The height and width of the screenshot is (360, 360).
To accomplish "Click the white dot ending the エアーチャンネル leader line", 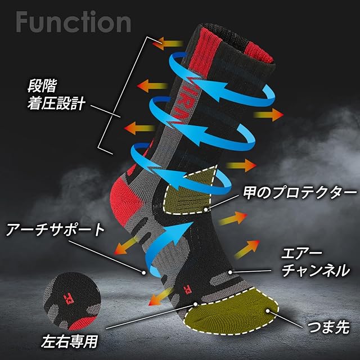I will [x=231, y=272].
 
